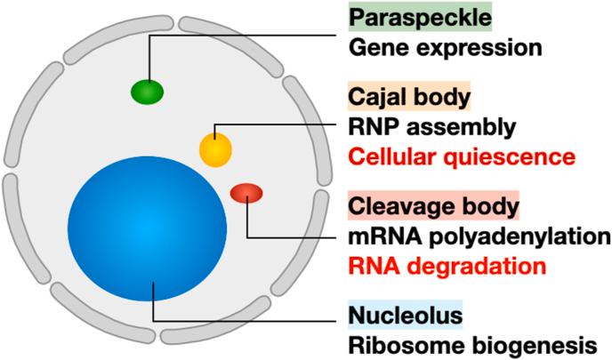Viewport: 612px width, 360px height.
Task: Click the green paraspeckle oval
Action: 148,91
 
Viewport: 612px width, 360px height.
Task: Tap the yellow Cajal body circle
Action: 215,148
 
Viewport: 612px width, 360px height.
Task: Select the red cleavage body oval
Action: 246,193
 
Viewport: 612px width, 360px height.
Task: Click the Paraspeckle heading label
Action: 401,17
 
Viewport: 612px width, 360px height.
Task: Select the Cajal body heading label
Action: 397,96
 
